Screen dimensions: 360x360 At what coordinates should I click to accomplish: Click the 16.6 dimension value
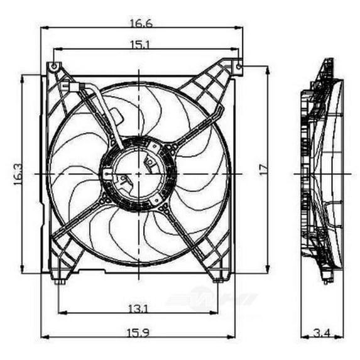coord(141,23)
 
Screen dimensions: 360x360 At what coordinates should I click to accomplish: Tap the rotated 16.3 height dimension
coord(18,175)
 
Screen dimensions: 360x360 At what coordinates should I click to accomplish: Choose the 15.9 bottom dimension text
coord(139,332)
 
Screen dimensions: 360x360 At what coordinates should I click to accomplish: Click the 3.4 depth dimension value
coord(322,332)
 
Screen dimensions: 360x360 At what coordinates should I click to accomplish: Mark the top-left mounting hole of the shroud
coord(55,66)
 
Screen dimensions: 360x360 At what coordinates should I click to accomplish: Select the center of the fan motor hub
coord(138,173)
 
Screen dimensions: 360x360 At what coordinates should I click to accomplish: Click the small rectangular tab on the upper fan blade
coord(116,116)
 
